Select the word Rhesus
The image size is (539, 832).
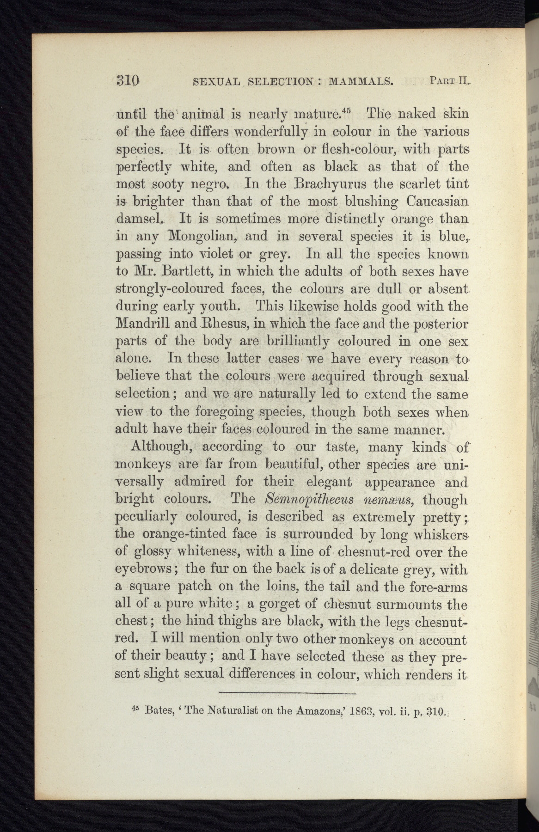coord(226,324)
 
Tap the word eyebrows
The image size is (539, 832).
coord(143,569)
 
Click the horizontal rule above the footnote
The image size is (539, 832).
coord(286,693)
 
